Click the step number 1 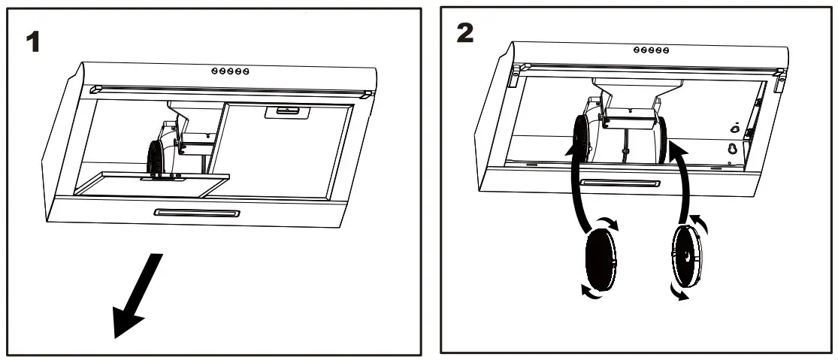(32, 42)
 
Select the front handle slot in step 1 (197, 213)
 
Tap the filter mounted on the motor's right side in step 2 (664, 141)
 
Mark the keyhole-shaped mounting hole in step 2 (730, 150)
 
